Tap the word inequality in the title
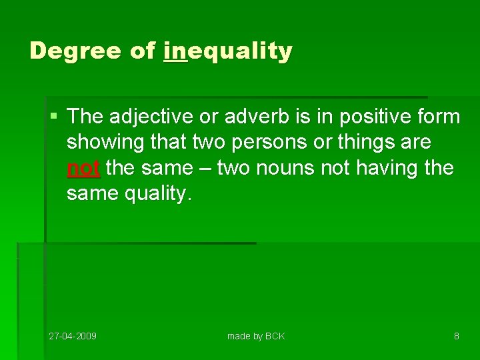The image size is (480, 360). pos(227,51)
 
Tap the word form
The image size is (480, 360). pos(439,117)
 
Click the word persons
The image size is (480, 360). pos(257,143)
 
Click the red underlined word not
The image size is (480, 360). pos(83,167)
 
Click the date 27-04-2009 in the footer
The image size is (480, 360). pos(73,336)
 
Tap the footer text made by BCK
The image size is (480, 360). pos(256,336)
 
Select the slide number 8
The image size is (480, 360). pos(456,336)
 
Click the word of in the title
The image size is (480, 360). pos(143,51)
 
